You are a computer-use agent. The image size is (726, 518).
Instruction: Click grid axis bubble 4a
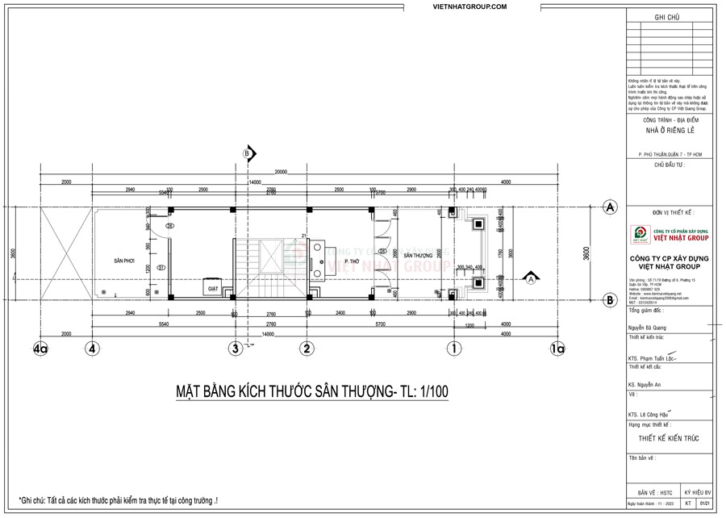42,349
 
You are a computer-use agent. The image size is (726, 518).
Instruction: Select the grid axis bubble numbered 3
235,349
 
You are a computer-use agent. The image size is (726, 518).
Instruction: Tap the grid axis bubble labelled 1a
557,349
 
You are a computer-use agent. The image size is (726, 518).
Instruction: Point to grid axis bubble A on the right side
611,207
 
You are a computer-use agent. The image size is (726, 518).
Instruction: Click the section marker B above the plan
248,152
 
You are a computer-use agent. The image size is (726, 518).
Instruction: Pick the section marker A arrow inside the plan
530,281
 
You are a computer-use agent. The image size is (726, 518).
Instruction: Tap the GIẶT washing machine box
213,288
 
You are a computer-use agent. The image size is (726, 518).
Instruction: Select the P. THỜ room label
352,262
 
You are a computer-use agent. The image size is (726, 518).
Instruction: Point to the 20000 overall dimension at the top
281,173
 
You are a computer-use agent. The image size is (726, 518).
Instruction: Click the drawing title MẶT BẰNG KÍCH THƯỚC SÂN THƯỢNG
313,392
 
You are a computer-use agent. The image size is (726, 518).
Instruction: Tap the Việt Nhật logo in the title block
641,234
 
